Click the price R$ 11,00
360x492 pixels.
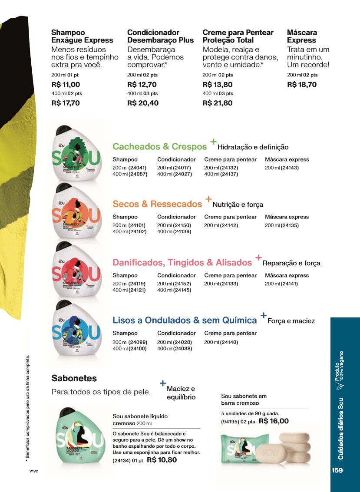coord(66,85)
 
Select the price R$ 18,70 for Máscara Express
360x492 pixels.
coord(302,85)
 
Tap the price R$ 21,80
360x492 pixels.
coord(218,103)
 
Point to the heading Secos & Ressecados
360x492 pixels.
coord(157,204)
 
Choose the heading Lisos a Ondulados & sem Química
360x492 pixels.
coord(185,320)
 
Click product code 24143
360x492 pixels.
coord(290,168)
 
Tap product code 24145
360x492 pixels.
coord(182,290)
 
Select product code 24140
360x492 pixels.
coord(228,342)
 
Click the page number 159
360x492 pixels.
coord(337,470)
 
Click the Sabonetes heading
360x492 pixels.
coord(74,378)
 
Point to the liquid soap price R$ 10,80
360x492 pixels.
coord(162,460)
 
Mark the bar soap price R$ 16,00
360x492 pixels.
coord(274,421)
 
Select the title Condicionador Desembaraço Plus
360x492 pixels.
coord(160,36)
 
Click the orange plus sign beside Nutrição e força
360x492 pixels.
coord(208,199)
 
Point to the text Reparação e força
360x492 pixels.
coord(291,263)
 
